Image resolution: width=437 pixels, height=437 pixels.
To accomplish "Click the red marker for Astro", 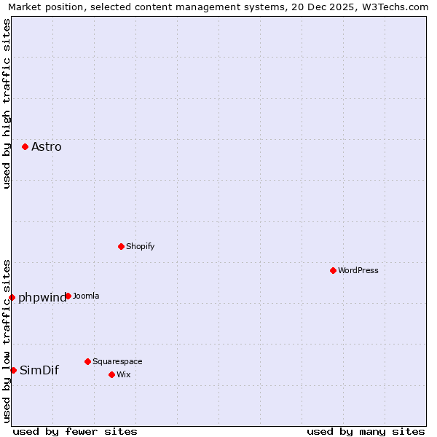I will click(x=25, y=146).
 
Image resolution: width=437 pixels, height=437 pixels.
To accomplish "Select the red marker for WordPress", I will click(x=333, y=270).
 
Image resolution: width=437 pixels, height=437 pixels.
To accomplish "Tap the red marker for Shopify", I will click(x=121, y=246).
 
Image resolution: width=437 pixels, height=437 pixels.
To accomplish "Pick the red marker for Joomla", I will click(x=68, y=296).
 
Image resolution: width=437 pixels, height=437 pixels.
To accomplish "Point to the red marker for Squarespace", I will click(x=87, y=361).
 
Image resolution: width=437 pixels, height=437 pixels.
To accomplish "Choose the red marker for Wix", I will click(x=111, y=374).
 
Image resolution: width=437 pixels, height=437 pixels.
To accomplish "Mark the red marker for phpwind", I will click(x=12, y=297).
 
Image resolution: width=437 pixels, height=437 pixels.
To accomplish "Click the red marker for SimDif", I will click(x=13, y=370).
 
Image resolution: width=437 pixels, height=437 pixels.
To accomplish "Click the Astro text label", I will click(x=47, y=147).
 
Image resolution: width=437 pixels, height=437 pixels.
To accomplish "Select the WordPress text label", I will click(x=358, y=270).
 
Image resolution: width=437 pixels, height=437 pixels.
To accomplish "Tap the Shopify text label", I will click(x=141, y=246).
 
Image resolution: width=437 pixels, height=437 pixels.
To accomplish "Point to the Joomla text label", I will click(x=86, y=296).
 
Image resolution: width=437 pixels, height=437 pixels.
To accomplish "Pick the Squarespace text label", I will click(x=117, y=361).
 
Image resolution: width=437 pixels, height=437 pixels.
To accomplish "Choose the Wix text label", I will click(x=124, y=374).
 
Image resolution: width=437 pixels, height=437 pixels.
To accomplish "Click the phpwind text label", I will click(x=42, y=297).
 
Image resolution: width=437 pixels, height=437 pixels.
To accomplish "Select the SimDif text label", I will click(x=39, y=370).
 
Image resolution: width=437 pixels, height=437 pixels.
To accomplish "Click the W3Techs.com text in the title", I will click(x=394, y=7).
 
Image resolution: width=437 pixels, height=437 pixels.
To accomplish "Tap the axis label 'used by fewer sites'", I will click(x=75, y=431).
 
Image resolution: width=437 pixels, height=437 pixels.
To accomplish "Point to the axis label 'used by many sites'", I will click(x=366, y=431).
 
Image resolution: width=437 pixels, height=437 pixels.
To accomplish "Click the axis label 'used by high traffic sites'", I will click(x=7, y=103).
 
